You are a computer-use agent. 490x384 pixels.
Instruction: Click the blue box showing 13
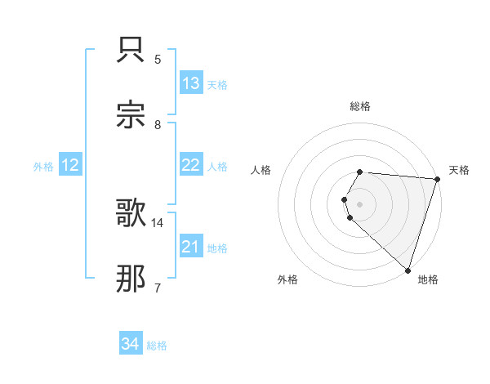(191, 83)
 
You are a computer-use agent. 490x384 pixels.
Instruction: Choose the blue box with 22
(191, 165)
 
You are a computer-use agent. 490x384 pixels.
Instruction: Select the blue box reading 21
(191, 247)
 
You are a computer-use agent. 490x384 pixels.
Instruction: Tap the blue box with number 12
(70, 165)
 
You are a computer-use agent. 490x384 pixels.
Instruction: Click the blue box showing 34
(131, 344)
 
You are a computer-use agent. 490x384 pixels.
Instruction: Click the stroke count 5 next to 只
(158, 59)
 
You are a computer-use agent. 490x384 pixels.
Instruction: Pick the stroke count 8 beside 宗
(158, 124)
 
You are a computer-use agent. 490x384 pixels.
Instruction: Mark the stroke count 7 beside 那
(158, 288)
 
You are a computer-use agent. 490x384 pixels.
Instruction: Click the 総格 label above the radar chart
(360, 106)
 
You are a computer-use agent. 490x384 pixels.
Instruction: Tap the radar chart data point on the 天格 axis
(437, 179)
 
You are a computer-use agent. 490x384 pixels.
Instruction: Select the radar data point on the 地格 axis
(408, 270)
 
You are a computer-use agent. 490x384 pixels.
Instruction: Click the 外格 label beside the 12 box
(43, 167)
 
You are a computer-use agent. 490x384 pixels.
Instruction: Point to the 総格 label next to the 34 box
(157, 346)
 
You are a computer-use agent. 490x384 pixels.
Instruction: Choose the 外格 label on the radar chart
(287, 279)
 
